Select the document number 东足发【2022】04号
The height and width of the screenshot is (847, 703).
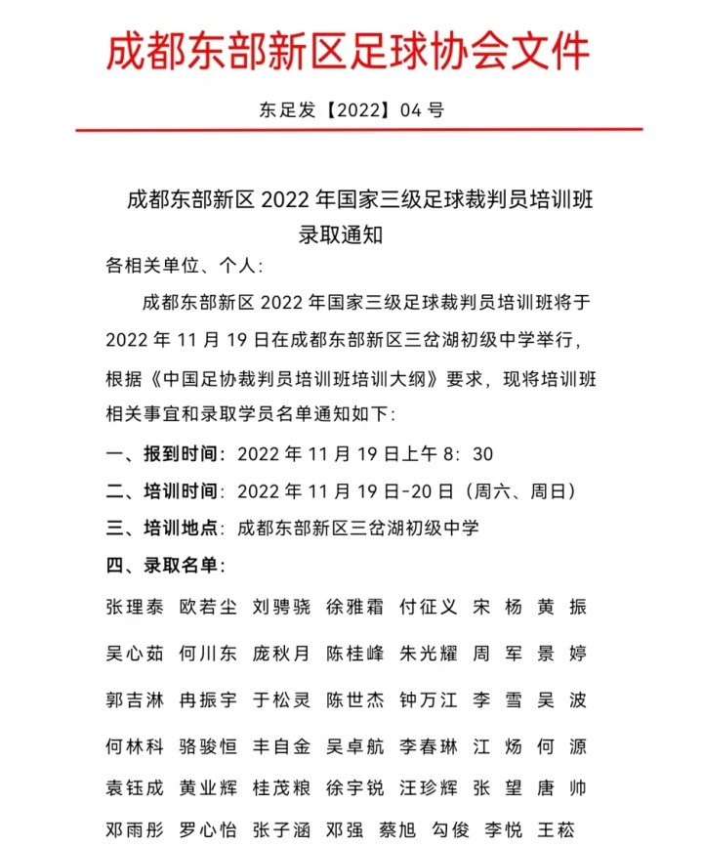point(351,109)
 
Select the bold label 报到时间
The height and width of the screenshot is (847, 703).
point(185,454)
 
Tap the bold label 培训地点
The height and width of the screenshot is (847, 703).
point(185,529)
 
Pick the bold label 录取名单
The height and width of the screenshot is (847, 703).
point(185,566)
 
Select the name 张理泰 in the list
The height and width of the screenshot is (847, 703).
point(135,607)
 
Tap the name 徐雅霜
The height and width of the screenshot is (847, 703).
point(354,607)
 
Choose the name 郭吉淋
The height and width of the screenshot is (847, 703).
point(135,700)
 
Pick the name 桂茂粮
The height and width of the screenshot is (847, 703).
point(281,788)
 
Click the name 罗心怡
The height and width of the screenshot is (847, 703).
point(208,831)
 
